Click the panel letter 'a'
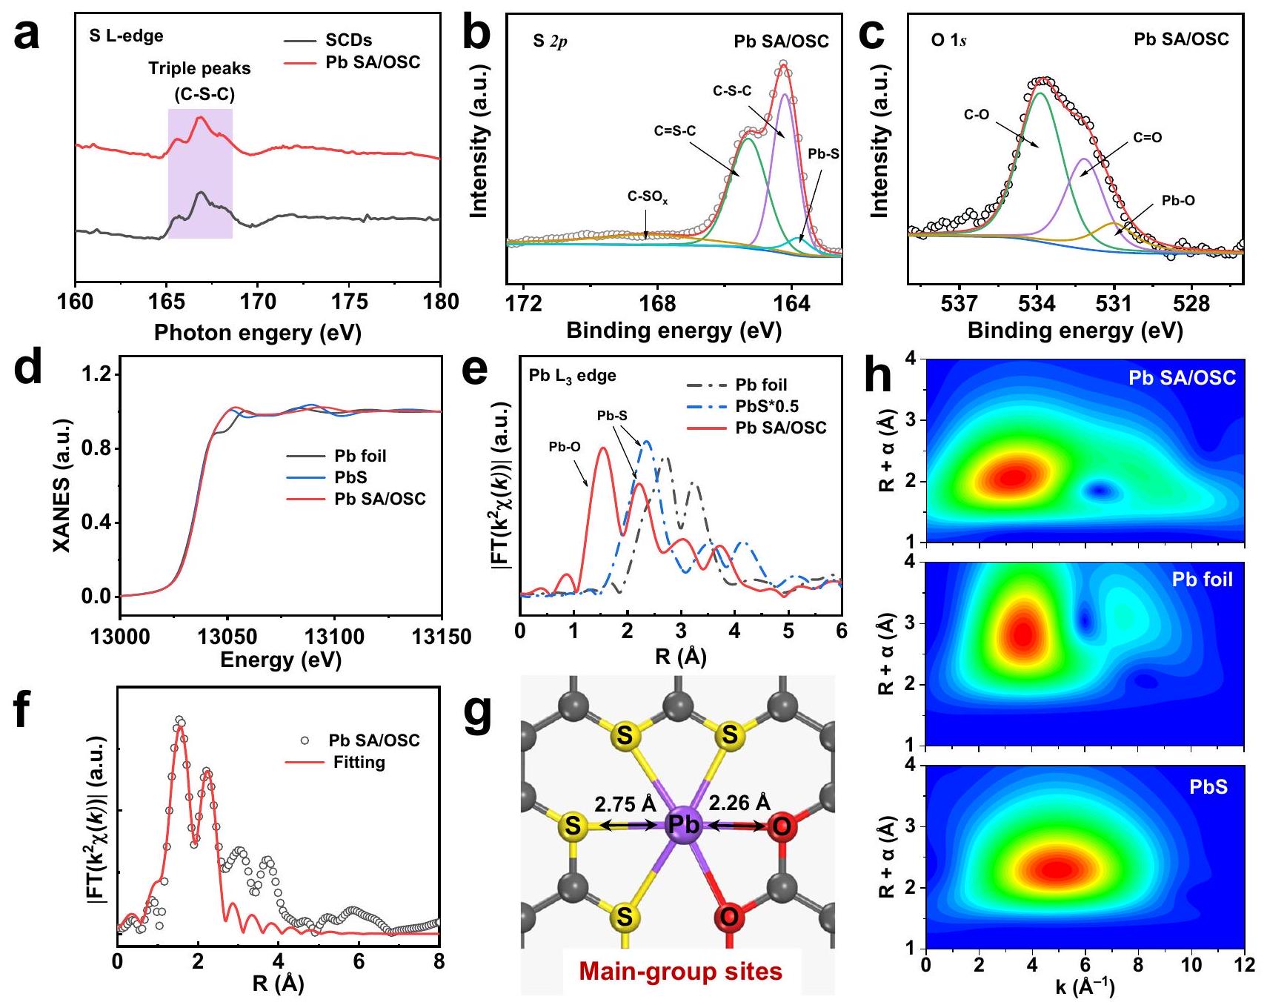tap(27, 36)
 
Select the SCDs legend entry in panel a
tap(348, 40)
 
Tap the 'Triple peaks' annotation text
tap(199, 69)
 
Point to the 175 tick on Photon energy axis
tap(350, 302)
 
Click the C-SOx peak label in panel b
tap(648, 197)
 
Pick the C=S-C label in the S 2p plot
tap(674, 131)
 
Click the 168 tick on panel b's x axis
tap(657, 304)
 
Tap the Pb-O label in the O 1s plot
tap(1178, 201)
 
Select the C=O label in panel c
tap(1147, 138)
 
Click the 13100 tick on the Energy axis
tap(334, 637)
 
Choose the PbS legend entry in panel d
tap(350, 477)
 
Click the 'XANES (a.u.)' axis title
tap(64, 485)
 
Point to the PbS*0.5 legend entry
tap(767, 406)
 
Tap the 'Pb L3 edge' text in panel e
tap(572, 376)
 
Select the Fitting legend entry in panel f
tap(359, 762)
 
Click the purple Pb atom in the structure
tap(683, 825)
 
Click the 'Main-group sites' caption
tap(680, 971)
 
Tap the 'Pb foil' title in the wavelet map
tap(1202, 580)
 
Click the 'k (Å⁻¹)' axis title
tap(1085, 987)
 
